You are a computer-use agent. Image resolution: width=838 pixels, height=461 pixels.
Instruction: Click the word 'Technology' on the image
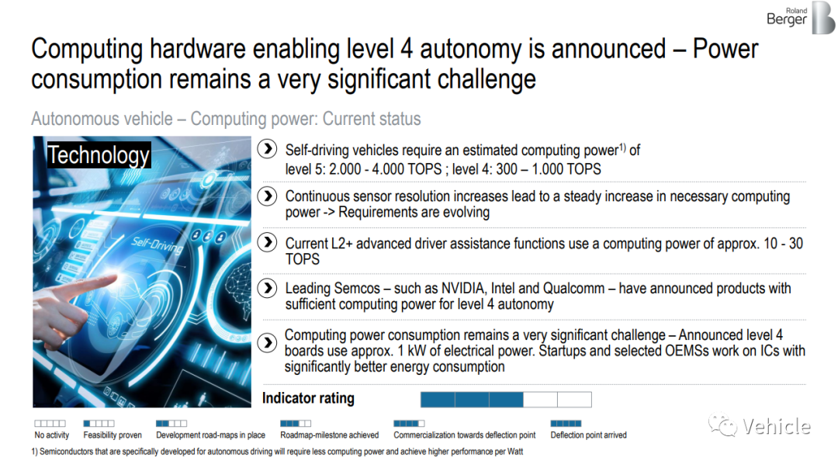pyautogui.click(x=99, y=155)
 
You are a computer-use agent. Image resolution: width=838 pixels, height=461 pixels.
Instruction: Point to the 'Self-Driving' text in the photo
pyautogui.click(x=157, y=244)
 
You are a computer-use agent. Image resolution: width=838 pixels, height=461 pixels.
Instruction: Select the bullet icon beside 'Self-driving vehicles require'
pyautogui.click(x=267, y=149)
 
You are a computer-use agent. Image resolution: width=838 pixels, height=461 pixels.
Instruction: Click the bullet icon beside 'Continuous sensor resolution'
pyautogui.click(x=267, y=196)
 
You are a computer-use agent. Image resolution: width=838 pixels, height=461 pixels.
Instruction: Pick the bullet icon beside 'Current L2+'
pyautogui.click(x=267, y=242)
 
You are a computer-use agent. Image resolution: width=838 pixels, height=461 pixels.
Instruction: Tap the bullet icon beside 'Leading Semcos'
pyautogui.click(x=267, y=288)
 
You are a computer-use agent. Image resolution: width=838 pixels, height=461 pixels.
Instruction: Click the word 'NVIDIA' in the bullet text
pyautogui.click(x=462, y=288)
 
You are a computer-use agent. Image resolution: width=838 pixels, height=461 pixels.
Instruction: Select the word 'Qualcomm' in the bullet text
pyautogui.click(x=573, y=289)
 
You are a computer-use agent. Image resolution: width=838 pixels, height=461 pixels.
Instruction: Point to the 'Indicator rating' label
pyautogui.click(x=308, y=398)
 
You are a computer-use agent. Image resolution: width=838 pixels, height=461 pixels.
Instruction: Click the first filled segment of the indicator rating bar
pyautogui.click(x=438, y=400)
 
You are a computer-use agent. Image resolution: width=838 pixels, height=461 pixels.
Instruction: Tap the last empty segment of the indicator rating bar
pyautogui.click(x=574, y=400)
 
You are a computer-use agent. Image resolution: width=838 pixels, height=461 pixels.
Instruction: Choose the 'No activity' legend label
pyautogui.click(x=52, y=435)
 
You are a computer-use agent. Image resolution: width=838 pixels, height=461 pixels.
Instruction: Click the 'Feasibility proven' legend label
pyautogui.click(x=113, y=435)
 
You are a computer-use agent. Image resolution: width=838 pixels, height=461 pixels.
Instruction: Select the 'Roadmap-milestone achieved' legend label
pyautogui.click(x=330, y=435)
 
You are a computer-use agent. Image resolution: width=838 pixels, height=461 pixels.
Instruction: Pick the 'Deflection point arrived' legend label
pyautogui.click(x=588, y=435)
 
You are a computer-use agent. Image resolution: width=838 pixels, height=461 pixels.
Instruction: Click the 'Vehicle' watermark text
pyautogui.click(x=776, y=426)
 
